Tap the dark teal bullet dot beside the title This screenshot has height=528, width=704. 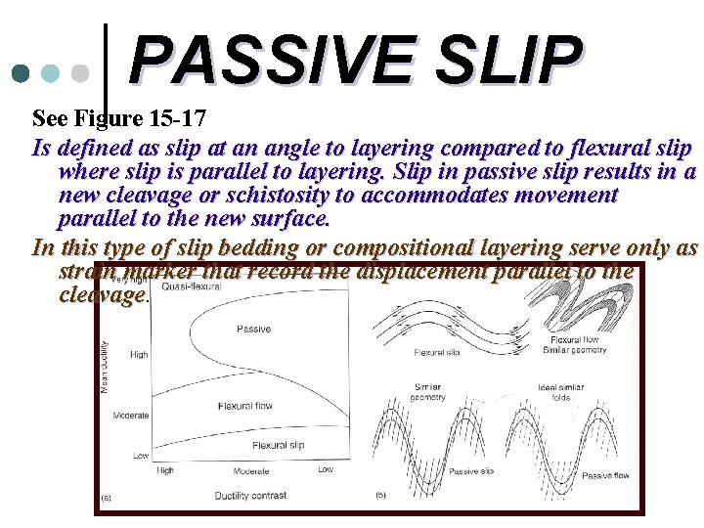(x=21, y=73)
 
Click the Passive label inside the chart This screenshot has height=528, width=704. (x=254, y=330)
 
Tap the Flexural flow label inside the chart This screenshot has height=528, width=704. (x=245, y=406)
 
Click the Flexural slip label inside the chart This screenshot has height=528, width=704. (x=279, y=445)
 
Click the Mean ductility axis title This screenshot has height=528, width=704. (x=106, y=367)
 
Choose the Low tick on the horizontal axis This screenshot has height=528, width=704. (x=325, y=470)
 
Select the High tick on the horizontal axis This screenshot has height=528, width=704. (x=165, y=470)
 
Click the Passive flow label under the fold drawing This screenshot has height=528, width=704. (x=605, y=476)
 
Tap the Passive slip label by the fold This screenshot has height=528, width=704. (x=470, y=471)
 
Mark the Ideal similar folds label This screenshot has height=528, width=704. (x=560, y=393)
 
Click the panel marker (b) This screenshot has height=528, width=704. (x=381, y=496)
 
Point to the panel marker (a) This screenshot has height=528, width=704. (x=107, y=497)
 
